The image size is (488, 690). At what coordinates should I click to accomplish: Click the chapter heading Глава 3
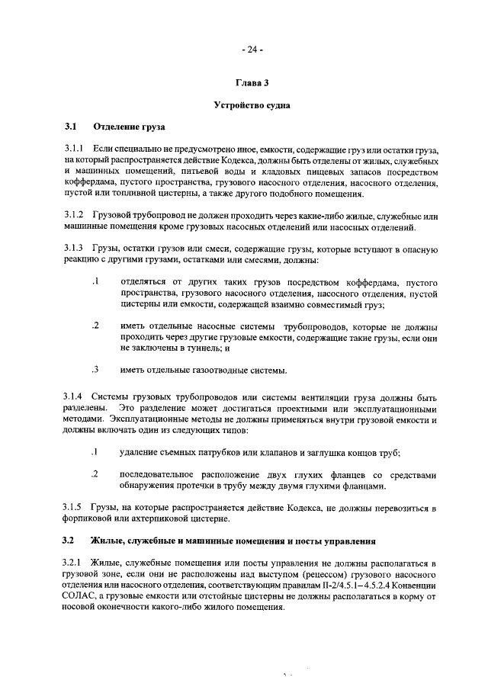(252, 82)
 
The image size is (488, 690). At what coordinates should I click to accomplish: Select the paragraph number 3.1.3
(77, 251)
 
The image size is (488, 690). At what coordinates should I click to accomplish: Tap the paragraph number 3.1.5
(77, 508)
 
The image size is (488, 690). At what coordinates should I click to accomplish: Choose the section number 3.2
(70, 541)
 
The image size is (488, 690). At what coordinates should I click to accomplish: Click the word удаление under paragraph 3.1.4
(143, 451)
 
